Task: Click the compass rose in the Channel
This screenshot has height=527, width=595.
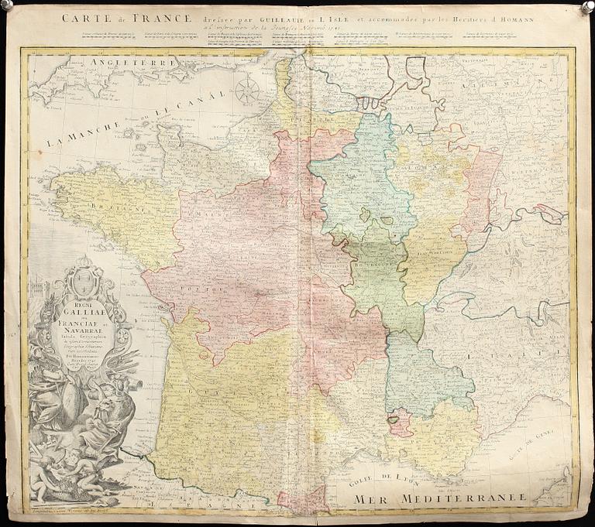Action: tap(247, 91)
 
